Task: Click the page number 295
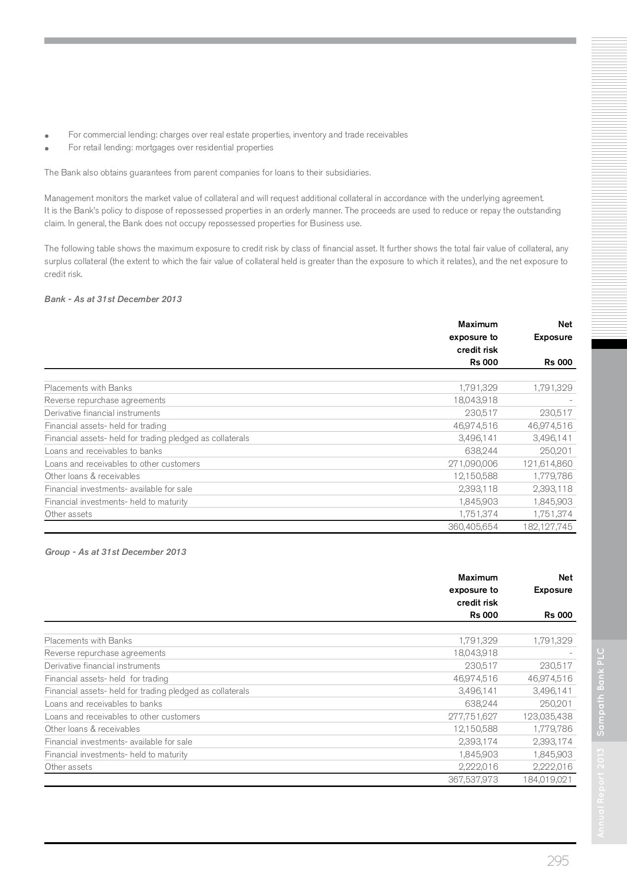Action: click(558, 861)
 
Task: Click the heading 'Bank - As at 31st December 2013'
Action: click(113, 299)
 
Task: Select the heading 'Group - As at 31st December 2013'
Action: click(115, 552)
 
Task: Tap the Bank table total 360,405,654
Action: click(473, 527)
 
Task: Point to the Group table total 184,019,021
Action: click(547, 780)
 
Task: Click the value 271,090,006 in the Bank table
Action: click(473, 464)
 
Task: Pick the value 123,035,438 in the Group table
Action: click(547, 716)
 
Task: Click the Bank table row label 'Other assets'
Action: click(68, 514)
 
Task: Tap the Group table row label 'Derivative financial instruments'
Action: click(102, 666)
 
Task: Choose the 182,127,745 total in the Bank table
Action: click(547, 527)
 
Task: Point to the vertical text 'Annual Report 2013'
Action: click(600, 792)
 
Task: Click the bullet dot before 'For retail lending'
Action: click(47, 148)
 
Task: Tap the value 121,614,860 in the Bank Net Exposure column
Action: click(547, 464)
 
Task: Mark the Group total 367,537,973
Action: click(473, 780)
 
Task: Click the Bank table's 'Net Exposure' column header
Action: click(553, 331)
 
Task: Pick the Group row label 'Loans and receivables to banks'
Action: click(103, 704)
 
